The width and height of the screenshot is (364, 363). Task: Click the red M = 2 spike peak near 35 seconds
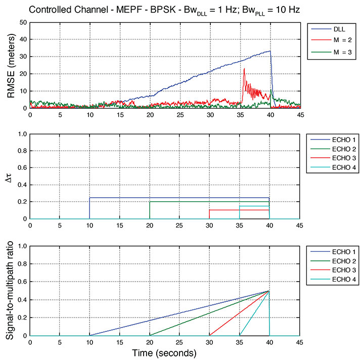pyautogui.click(x=244, y=68)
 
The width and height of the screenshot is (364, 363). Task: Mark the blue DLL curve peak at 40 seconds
pyautogui.click(x=270, y=51)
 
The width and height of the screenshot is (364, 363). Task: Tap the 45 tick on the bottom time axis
pyautogui.click(x=299, y=342)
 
